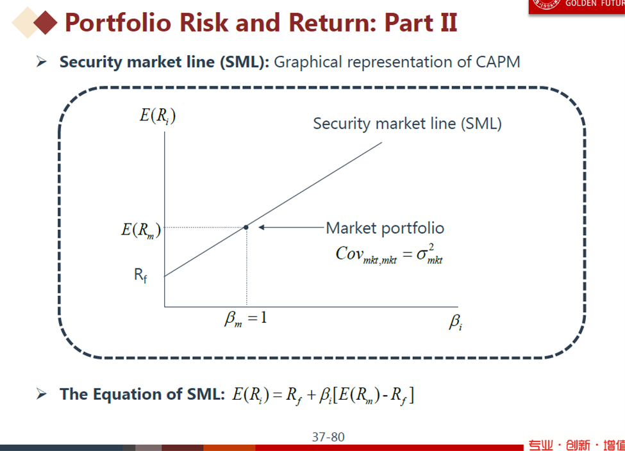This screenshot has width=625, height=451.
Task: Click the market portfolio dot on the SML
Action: click(246, 227)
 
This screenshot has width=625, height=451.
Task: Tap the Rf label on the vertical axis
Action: click(140, 275)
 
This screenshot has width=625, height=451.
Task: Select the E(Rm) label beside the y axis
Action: click(141, 230)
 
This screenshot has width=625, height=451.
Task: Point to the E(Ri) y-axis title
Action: click(158, 116)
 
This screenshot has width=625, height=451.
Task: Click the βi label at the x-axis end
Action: click(456, 322)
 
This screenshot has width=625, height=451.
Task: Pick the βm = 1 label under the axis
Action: click(246, 319)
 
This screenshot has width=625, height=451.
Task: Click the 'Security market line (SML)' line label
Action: click(407, 124)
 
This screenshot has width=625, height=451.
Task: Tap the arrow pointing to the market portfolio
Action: click(291, 227)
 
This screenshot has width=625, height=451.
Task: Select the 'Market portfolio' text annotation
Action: click(385, 228)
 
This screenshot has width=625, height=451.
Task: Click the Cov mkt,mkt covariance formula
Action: click(389, 254)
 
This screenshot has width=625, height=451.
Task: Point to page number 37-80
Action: click(328, 437)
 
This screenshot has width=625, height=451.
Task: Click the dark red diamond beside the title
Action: click(46, 22)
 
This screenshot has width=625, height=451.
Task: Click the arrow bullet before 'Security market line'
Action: click(42, 61)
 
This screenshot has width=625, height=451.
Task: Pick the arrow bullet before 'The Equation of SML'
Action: click(42, 394)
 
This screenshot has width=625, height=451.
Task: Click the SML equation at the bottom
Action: click(323, 395)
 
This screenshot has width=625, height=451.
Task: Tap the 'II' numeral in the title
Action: click(449, 22)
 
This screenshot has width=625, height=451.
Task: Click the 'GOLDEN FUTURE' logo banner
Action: click(577, 6)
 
